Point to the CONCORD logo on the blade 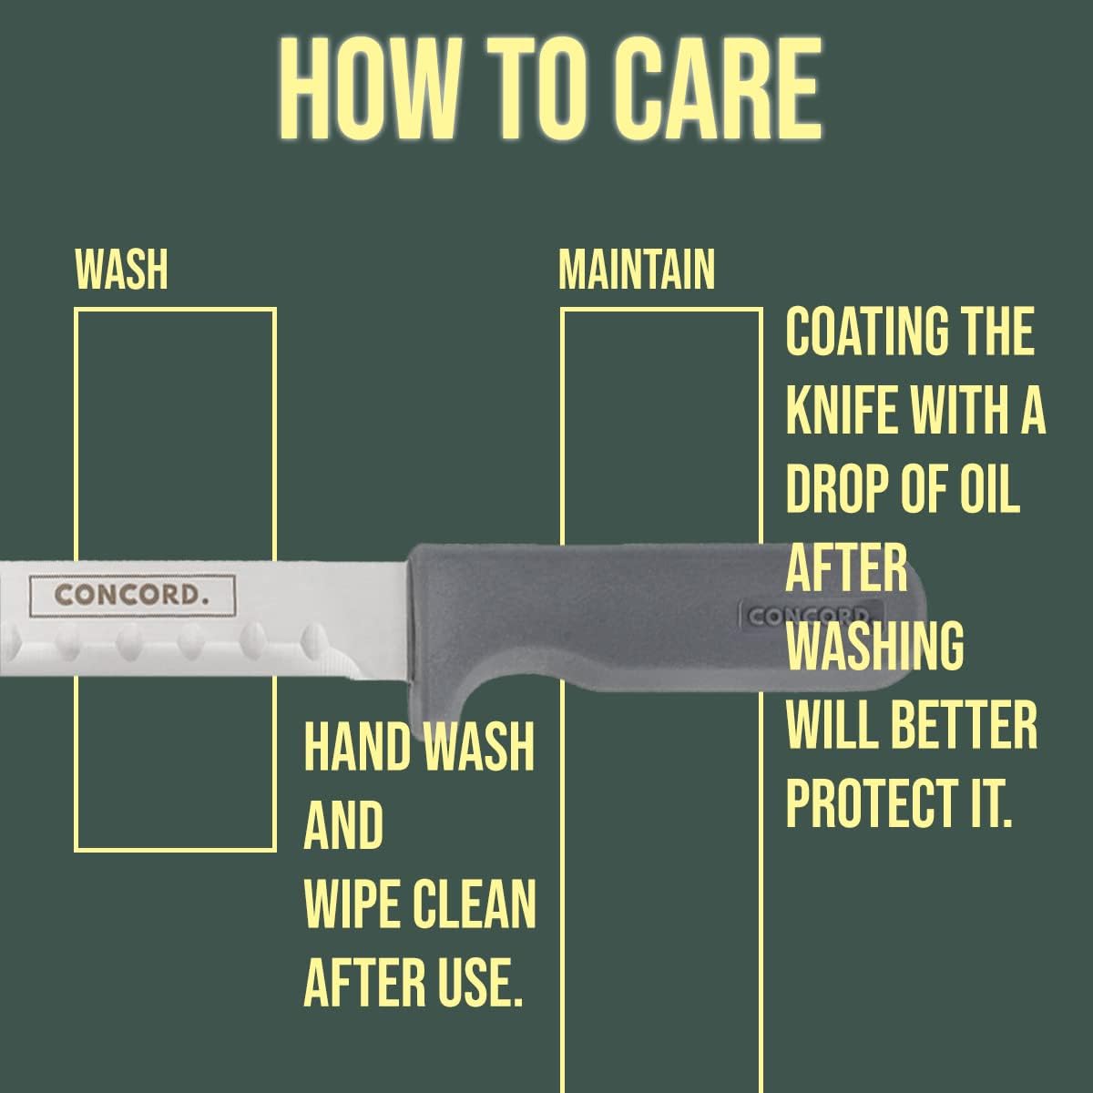click(132, 595)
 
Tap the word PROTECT click(871, 803)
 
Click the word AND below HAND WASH click(343, 825)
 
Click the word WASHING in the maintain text click(874, 647)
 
